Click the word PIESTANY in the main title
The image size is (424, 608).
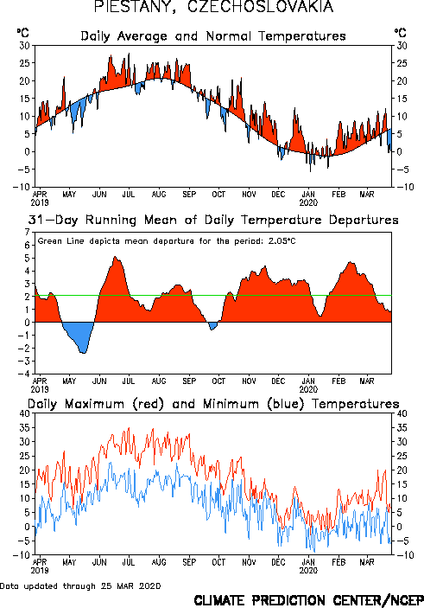click(135, 7)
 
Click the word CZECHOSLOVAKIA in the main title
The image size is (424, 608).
click(261, 7)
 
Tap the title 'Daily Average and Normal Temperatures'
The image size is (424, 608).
click(213, 36)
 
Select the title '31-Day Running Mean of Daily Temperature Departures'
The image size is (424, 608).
click(213, 220)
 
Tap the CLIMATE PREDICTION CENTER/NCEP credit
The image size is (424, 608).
click(308, 600)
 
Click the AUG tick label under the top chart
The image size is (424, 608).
click(159, 195)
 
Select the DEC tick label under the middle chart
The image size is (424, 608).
click(278, 381)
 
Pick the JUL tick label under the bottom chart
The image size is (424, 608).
click(129, 562)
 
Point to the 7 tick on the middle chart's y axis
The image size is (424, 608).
click(27, 233)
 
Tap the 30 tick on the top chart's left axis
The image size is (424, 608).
click(25, 46)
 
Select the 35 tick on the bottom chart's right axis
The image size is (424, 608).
click(402, 428)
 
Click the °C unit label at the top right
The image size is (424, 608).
click(401, 33)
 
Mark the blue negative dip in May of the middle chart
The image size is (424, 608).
click(79, 337)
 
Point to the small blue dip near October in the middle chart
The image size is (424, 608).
click(212, 326)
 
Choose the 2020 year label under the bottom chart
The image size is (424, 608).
click(308, 571)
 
